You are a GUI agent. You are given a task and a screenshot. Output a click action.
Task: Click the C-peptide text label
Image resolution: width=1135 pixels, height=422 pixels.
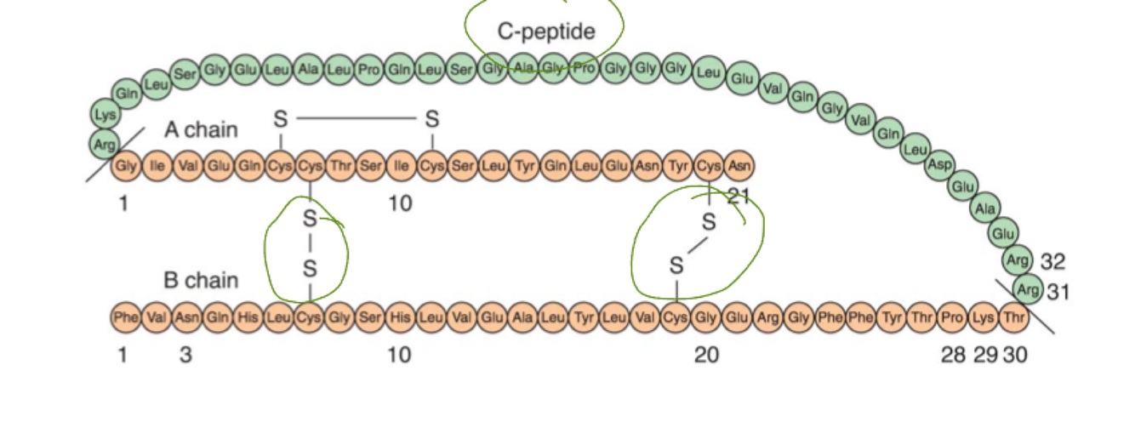click(546, 31)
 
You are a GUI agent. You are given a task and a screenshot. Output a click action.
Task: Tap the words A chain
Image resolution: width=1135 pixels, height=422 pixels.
click(201, 130)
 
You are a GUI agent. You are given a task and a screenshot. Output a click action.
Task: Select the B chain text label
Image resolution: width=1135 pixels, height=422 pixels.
click(201, 281)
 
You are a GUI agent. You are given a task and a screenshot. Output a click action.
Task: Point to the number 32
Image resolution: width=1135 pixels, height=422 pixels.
click(1052, 261)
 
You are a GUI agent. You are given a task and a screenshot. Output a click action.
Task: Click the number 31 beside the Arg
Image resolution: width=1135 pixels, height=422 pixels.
click(1058, 292)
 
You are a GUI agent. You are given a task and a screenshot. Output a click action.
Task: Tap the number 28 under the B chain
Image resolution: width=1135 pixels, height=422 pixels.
click(953, 354)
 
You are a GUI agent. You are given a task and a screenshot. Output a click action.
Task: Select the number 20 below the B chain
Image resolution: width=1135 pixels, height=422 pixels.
click(706, 354)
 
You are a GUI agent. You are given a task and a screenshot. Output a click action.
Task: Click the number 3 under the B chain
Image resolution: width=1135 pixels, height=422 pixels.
click(185, 354)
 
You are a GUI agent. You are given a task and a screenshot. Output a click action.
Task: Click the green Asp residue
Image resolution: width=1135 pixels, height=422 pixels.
click(939, 165)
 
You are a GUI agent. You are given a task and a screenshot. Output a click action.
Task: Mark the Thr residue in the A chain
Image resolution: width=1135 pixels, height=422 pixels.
click(340, 165)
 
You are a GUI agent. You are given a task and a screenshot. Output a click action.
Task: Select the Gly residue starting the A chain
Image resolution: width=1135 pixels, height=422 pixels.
click(126, 165)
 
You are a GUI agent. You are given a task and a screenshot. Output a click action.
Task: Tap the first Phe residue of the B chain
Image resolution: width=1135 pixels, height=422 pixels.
click(125, 317)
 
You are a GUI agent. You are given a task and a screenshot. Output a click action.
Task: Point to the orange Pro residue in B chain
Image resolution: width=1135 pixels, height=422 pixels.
click(953, 317)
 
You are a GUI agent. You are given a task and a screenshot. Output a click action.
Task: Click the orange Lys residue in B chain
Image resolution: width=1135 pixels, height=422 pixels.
click(984, 317)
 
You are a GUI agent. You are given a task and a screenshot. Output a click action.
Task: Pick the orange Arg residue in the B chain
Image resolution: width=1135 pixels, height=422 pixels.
click(768, 317)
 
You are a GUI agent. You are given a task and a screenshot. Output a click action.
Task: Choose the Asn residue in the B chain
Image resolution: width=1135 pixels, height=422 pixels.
click(186, 317)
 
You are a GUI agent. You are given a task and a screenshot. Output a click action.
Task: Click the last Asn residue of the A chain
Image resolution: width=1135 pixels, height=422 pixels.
click(739, 165)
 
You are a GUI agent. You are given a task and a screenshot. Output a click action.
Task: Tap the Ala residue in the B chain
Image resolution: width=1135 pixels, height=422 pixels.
click(523, 317)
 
